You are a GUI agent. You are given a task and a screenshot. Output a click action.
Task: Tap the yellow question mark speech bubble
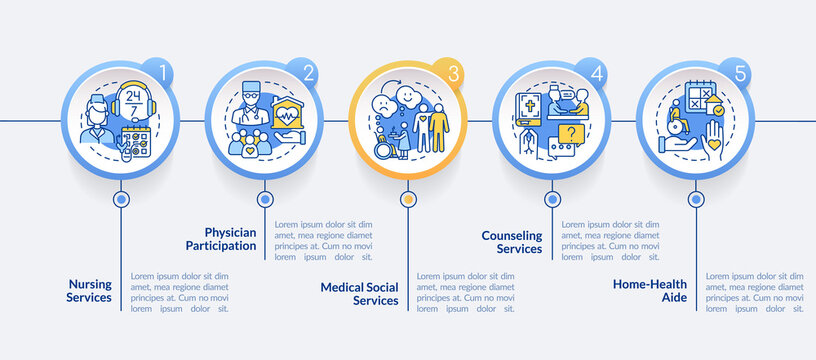point(569,133)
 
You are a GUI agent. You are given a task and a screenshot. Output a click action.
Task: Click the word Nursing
point(89,283)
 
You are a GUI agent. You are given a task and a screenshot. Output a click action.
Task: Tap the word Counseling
point(512,234)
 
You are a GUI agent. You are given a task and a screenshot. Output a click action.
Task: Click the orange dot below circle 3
point(407,199)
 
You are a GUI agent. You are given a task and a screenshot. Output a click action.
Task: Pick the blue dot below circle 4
point(552,199)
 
